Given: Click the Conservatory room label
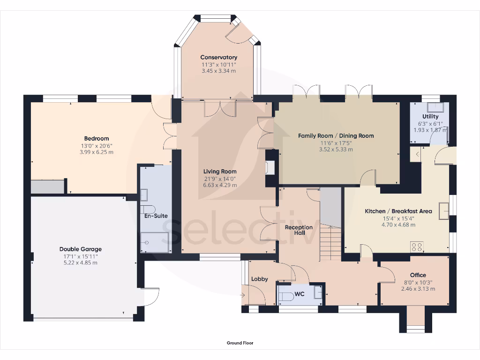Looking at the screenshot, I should coord(218,57).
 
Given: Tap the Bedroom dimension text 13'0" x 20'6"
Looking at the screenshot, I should coord(96,145).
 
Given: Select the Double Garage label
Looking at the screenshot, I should coord(80,249).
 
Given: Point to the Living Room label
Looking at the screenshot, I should coord(220,172).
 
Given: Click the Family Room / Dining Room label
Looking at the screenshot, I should coord(336,135).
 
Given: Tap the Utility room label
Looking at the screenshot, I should coord(430,116).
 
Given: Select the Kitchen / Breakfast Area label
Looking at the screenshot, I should coord(398,211).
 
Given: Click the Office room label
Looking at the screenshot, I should coord(418,275).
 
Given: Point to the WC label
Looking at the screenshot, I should coord(300,295).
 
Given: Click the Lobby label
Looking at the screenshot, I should coord(259,279).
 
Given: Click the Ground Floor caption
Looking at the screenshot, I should coord(240,343).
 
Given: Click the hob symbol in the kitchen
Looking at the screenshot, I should coord(417,247).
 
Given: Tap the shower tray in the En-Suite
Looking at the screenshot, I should coord(155,242).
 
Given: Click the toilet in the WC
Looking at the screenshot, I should coord(285,295).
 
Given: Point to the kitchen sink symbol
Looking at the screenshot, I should coord(443,211).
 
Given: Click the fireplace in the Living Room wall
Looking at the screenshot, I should coord(270,168).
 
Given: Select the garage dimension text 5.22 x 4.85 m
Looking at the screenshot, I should coord(80,263).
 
